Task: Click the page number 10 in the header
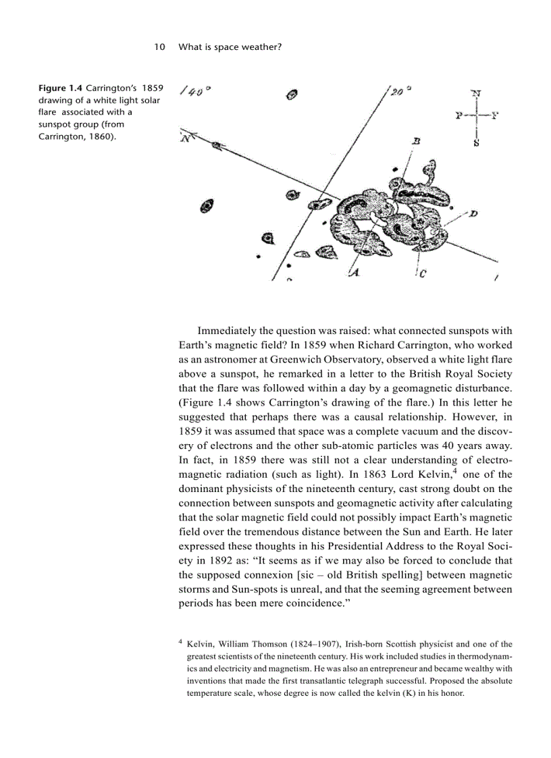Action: click(x=159, y=47)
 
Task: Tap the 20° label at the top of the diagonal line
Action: click(x=400, y=91)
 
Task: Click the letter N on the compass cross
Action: click(x=476, y=93)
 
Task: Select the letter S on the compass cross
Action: click(x=476, y=142)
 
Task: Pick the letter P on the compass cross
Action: click(x=459, y=115)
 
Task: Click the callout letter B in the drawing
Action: click(x=417, y=141)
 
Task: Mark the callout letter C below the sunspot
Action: click(x=422, y=273)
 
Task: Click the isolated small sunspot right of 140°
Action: click(x=292, y=95)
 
